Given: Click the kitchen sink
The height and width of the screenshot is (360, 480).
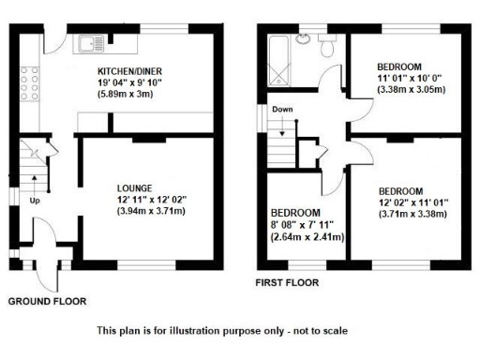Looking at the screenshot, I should [x=94, y=41].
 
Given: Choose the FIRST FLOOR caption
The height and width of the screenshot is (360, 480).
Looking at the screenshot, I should [x=288, y=281].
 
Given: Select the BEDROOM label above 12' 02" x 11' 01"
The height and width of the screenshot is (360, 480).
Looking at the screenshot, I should [x=400, y=189].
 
